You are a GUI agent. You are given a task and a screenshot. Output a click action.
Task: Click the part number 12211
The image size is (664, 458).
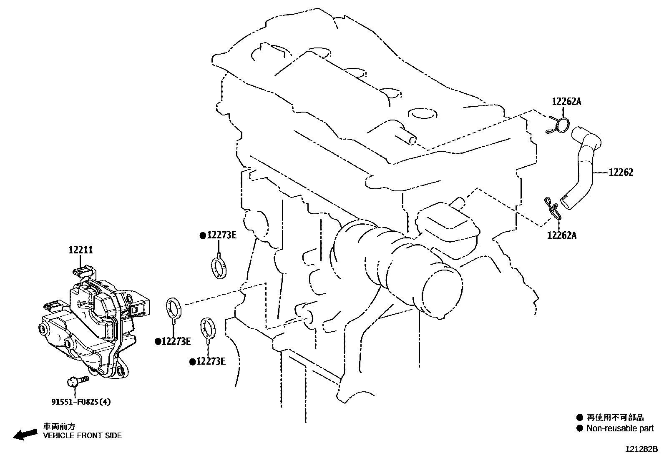pyautogui.click(x=80, y=250)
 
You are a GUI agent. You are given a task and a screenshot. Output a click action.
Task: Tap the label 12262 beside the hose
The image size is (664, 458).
pyautogui.click(x=621, y=173)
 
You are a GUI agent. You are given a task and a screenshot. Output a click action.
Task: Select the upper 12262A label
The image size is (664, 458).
pyautogui.click(x=566, y=102)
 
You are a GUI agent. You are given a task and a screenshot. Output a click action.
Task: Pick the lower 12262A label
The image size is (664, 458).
pyautogui.click(x=562, y=235)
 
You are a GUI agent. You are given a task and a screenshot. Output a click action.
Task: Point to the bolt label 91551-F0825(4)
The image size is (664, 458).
pyautogui.click(x=81, y=402)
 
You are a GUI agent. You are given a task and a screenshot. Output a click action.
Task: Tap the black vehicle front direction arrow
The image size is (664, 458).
pyautogui.click(x=25, y=435)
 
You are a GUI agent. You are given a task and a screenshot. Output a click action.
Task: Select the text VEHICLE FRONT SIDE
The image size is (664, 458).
pyautogui.click(x=83, y=435)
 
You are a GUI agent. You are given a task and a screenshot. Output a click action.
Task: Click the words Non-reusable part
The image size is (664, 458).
pyautogui.click(x=620, y=428)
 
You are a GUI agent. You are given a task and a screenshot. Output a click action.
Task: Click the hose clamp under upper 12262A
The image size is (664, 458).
pyautogui.click(x=558, y=125)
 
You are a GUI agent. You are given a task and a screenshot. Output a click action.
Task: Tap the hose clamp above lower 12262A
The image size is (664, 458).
pyautogui.click(x=553, y=208)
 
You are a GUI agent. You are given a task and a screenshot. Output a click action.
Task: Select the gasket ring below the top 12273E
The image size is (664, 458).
pyautogui.click(x=219, y=268)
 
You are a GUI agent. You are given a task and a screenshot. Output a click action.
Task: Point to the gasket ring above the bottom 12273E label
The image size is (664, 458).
pyautogui.click(x=209, y=328)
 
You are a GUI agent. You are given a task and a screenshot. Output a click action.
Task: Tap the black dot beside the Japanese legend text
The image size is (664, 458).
pyautogui.click(x=579, y=418)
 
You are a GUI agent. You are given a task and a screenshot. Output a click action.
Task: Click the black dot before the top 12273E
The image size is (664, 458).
pyautogui.click(x=203, y=236)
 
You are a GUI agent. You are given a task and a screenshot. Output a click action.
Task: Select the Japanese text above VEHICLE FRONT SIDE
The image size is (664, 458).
pyautogui.click(x=59, y=427)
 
